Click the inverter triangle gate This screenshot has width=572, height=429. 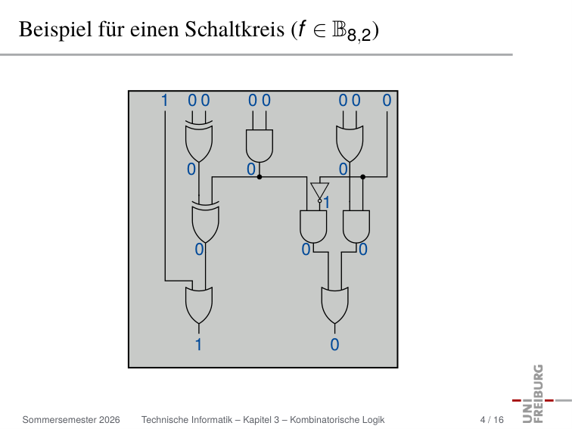click(x=320, y=191)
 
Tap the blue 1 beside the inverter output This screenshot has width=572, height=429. click(x=326, y=203)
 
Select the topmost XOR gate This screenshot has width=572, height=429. click(x=199, y=141)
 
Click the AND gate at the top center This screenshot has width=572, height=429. click(x=260, y=146)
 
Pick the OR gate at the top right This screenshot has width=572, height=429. click(x=350, y=144)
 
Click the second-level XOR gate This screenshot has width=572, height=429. click(x=205, y=222)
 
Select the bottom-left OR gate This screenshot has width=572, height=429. click(x=199, y=305)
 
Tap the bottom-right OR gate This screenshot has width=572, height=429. click(x=335, y=305)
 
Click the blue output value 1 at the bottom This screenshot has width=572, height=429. click(x=198, y=345)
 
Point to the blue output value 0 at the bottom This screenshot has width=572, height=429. click(x=334, y=345)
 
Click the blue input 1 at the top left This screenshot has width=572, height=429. click(x=164, y=101)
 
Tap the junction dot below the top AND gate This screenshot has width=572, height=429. click(x=260, y=177)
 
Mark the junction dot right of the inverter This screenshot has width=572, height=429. click(x=362, y=177)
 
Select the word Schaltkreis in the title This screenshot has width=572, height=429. click(x=235, y=29)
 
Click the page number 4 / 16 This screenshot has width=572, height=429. click(x=492, y=420)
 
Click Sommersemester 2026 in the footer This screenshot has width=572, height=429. click(x=71, y=420)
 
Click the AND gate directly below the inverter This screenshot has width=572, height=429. click(x=313, y=226)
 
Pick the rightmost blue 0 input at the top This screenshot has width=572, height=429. click(x=387, y=101)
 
